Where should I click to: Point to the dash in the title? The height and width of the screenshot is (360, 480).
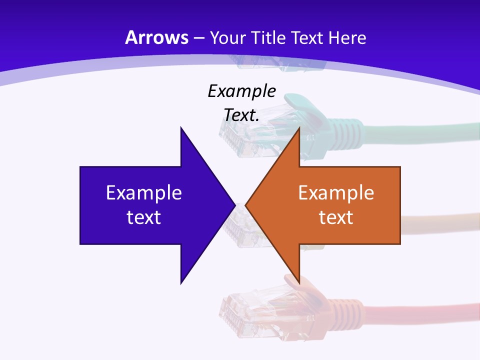pos(199,38)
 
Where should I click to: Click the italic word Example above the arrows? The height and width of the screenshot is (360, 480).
pos(241,91)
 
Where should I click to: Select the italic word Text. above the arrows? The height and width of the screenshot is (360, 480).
pos(241,115)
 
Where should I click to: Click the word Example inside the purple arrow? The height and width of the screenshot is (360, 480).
pos(143,192)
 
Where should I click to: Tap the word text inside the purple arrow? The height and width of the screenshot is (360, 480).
pos(143,217)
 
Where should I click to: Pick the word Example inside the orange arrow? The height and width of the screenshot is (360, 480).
pos(336,192)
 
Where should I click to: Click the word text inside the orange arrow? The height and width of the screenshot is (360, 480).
pos(336,217)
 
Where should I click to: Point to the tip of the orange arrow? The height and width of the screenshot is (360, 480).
pos(246,205)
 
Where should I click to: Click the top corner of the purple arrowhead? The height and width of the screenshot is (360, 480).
pos(181,128)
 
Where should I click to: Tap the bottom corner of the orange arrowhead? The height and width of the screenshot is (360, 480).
pos(299,282)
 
